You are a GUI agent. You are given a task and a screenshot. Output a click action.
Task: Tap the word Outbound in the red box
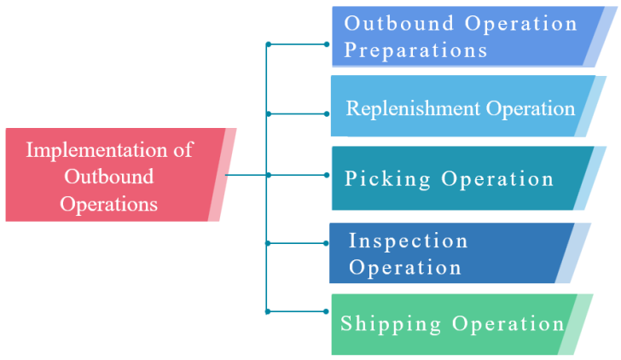click(x=109, y=177)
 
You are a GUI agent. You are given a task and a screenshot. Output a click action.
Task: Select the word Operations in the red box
click(x=109, y=204)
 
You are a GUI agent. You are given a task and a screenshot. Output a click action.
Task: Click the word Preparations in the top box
click(x=415, y=49)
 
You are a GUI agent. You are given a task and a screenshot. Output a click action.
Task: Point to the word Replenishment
click(x=413, y=108)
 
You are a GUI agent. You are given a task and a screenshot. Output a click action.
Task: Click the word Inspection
click(x=409, y=241)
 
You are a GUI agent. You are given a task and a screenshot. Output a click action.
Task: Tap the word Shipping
click(x=392, y=324)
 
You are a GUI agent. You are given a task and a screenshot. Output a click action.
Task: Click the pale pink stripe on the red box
click(x=221, y=175)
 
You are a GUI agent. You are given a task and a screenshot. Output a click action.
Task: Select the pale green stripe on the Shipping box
click(x=576, y=325)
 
